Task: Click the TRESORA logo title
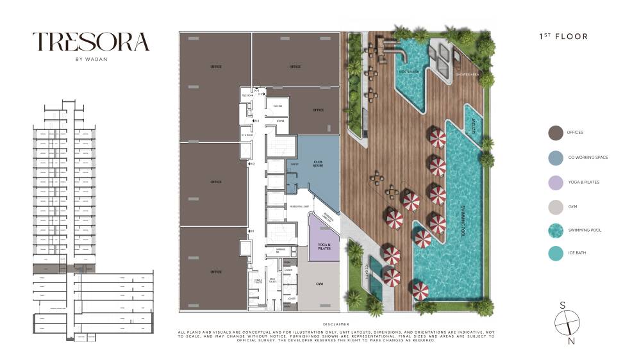pyautogui.click(x=91, y=42)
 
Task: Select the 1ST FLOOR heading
pyautogui.click(x=563, y=37)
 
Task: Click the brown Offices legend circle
pyautogui.click(x=555, y=133)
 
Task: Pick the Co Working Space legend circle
pyautogui.click(x=555, y=157)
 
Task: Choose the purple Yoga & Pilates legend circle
pyautogui.click(x=555, y=182)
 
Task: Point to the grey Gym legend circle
pyautogui.click(x=555, y=206)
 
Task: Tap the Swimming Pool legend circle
pyautogui.click(x=555, y=230)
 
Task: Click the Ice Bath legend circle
pyautogui.click(x=555, y=254)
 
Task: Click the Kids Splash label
pyautogui.click(x=410, y=72)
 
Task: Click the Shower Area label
pyautogui.click(x=467, y=74)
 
